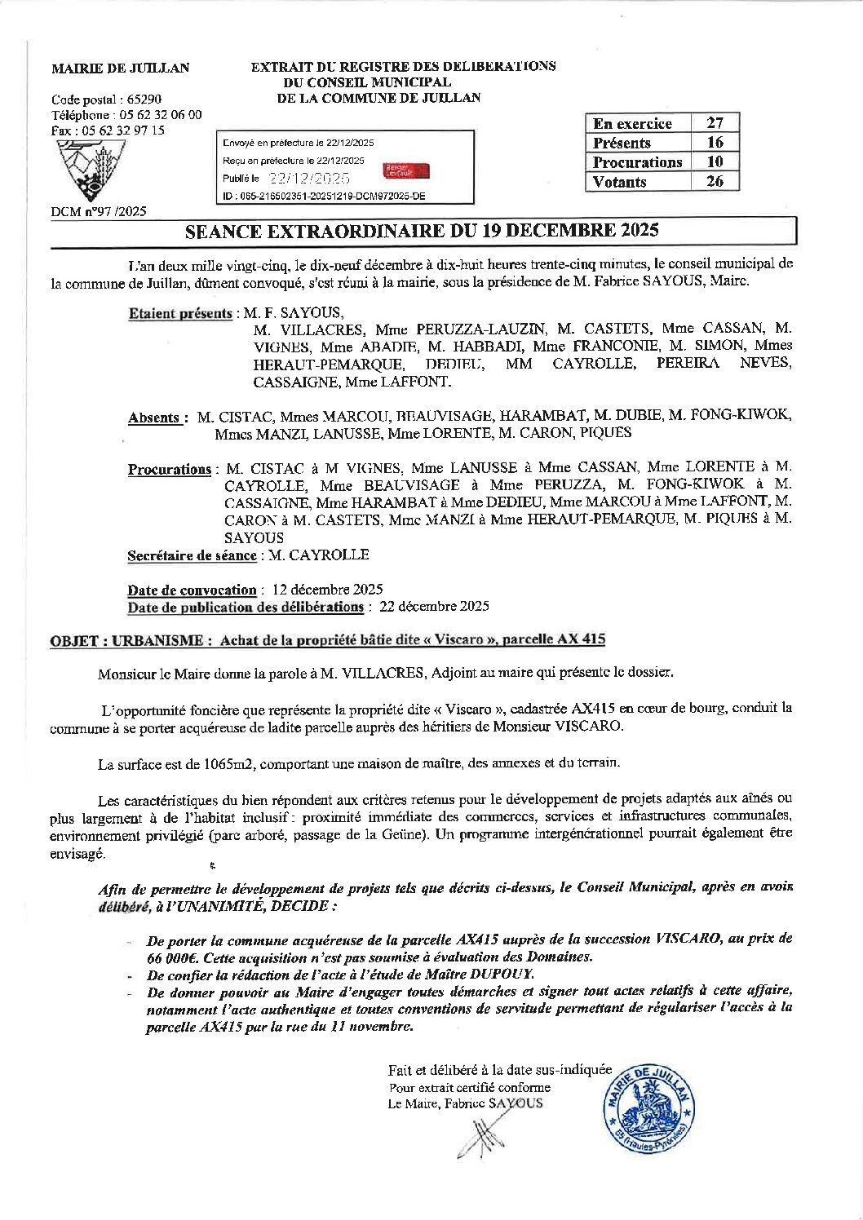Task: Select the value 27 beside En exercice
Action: tap(715, 123)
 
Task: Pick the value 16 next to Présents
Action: tap(715, 143)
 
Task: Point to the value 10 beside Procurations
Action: tap(715, 162)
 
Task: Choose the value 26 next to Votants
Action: tap(715, 182)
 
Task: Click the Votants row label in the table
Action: tap(620, 182)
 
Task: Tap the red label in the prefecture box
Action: tap(405, 171)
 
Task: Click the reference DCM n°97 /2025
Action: tap(99, 212)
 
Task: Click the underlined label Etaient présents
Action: tap(180, 314)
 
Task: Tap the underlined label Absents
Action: tap(154, 418)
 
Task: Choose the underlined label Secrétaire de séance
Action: tap(192, 556)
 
